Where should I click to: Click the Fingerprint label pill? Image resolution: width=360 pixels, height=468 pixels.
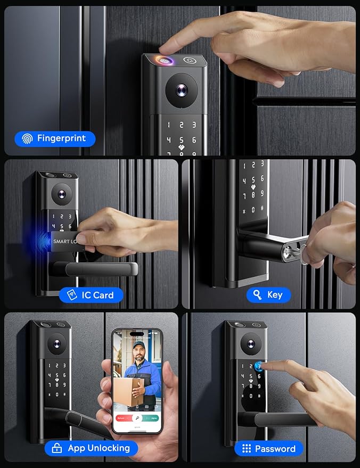click(x=55, y=139)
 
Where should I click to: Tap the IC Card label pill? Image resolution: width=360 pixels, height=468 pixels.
click(x=91, y=295)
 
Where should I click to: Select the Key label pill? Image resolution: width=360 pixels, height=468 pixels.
click(x=268, y=294)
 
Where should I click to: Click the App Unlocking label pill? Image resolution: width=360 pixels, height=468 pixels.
click(x=91, y=448)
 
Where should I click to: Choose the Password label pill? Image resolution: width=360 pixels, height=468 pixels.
click(x=268, y=448)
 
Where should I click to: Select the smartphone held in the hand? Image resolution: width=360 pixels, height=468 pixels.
click(x=137, y=381)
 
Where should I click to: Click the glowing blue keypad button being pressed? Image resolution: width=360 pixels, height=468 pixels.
click(x=259, y=366)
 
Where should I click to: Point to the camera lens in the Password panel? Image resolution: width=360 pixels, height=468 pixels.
click(x=250, y=342)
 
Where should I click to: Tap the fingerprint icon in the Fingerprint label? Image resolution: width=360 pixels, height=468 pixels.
click(x=27, y=139)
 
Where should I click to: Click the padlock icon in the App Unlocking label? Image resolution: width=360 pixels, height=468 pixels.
click(x=57, y=448)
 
